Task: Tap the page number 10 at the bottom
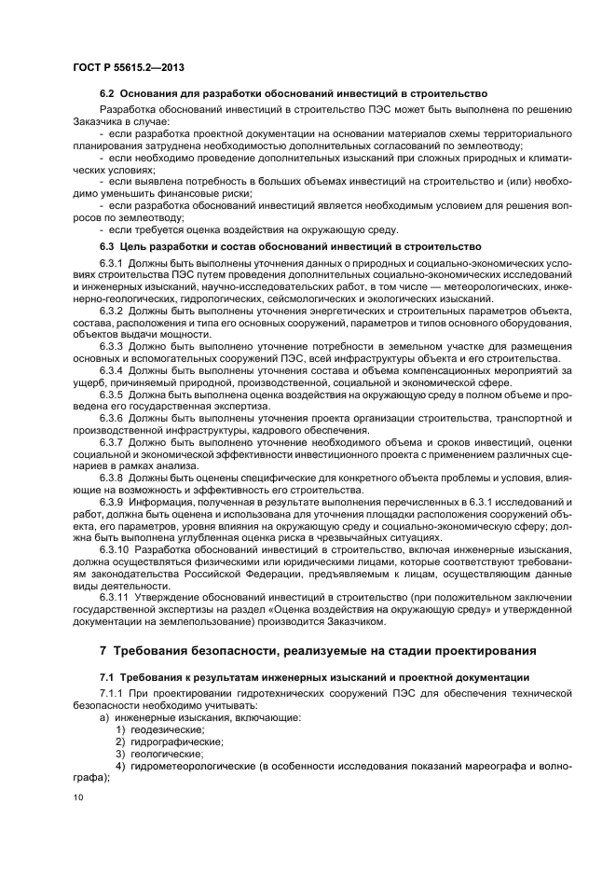click(x=77, y=798)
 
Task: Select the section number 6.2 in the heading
click(x=108, y=95)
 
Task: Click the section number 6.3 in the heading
click(x=108, y=246)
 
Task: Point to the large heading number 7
click(x=104, y=648)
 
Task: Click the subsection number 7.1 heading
click(x=108, y=676)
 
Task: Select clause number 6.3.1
click(x=112, y=263)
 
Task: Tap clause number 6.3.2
click(x=112, y=309)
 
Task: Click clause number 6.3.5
click(x=112, y=394)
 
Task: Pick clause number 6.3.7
click(x=112, y=442)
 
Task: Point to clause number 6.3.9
click(x=112, y=502)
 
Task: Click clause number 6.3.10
click(x=115, y=550)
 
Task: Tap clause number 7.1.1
click(x=112, y=694)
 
